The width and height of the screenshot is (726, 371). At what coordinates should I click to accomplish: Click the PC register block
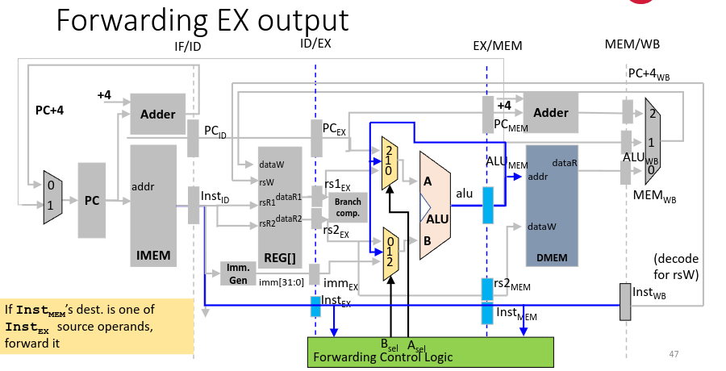[92, 201]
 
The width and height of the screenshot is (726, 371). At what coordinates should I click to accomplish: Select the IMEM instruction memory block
[152, 206]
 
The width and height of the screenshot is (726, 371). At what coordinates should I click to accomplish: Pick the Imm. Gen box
[237, 273]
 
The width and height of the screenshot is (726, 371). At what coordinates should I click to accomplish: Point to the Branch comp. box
[348, 207]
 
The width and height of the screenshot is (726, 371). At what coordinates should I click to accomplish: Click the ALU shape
[439, 205]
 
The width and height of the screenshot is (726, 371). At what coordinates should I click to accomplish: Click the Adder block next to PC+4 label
[157, 114]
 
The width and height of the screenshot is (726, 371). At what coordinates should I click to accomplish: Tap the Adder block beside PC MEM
[550, 113]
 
